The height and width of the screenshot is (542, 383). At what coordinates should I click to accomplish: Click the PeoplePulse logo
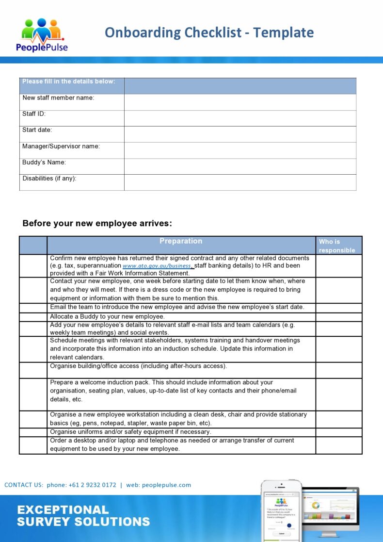(x=42, y=34)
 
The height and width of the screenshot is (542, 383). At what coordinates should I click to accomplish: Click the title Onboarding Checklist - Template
(x=209, y=33)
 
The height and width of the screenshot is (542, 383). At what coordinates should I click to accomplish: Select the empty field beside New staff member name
(x=240, y=102)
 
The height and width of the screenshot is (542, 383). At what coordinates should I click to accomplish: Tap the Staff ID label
(x=34, y=114)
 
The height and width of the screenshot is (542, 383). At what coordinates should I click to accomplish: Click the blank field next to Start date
(x=240, y=134)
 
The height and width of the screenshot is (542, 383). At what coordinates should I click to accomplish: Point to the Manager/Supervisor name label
(x=61, y=146)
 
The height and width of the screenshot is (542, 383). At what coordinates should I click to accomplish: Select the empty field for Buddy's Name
(x=240, y=166)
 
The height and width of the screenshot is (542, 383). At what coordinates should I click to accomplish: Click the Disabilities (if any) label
(x=49, y=179)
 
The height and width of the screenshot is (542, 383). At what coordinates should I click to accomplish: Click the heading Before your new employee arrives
(x=97, y=223)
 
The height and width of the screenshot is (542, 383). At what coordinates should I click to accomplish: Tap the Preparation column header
(x=181, y=241)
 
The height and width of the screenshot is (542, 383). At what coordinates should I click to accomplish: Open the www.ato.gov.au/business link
(x=157, y=266)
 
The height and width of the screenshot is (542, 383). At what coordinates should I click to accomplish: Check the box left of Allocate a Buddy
(x=33, y=316)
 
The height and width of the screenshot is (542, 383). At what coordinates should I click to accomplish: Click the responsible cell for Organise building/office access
(x=338, y=370)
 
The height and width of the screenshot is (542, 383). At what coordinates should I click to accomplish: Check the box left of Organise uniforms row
(x=33, y=432)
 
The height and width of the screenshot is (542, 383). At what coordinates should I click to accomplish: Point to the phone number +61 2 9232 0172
(x=92, y=485)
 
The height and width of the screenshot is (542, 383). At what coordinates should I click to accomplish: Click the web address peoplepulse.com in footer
(x=166, y=485)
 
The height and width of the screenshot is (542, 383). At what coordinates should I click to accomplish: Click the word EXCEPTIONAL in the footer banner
(x=63, y=509)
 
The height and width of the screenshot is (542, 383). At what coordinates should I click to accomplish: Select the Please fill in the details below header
(x=69, y=82)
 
